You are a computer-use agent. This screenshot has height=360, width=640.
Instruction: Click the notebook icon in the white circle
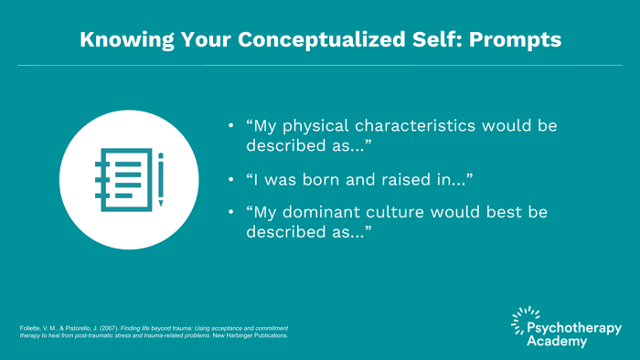click(x=119, y=180)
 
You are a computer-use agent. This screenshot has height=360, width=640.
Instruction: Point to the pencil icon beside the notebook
click(x=161, y=180)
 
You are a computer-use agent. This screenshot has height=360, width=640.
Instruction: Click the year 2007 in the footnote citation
click(x=116, y=328)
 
